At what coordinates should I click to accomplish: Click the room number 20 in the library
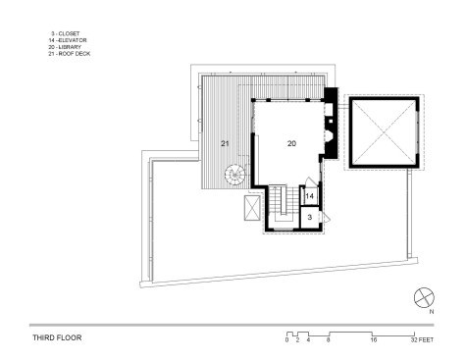tap(291, 143)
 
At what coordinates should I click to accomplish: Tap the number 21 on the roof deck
tap(225, 143)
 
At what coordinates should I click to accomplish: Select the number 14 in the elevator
tap(309, 196)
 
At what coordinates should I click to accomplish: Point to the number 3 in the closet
tap(310, 217)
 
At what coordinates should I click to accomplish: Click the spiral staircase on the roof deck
tap(234, 175)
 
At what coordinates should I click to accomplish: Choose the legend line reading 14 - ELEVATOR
tap(68, 40)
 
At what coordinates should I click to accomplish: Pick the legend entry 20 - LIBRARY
tap(65, 47)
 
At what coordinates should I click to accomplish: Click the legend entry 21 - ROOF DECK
tap(69, 54)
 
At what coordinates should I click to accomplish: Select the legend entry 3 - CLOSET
tap(66, 33)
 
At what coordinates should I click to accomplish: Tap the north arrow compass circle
tap(424, 298)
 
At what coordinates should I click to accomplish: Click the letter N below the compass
tap(432, 312)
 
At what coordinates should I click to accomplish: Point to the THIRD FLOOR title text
tap(57, 337)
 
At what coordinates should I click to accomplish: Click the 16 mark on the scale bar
tap(374, 340)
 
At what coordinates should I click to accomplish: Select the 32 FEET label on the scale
tap(422, 340)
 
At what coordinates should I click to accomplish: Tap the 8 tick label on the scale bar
tap(328, 340)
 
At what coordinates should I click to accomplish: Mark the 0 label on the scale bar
tap(286, 340)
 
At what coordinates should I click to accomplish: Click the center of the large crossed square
tap(384, 131)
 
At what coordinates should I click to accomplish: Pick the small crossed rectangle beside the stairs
tap(252, 208)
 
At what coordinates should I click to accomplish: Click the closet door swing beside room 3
tap(326, 217)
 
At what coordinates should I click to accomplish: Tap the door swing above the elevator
tap(309, 181)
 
